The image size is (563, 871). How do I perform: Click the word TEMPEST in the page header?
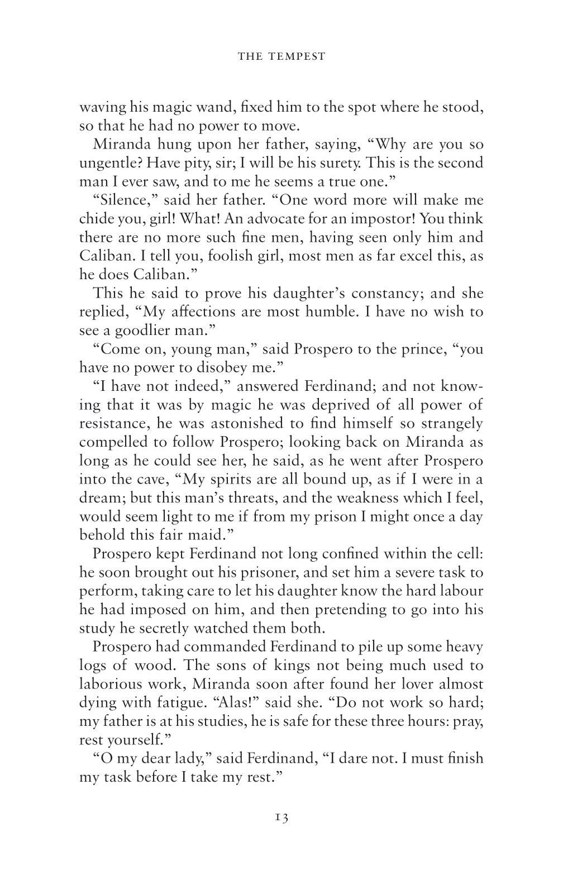[x=302, y=56]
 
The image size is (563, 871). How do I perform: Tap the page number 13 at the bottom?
[x=281, y=817]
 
